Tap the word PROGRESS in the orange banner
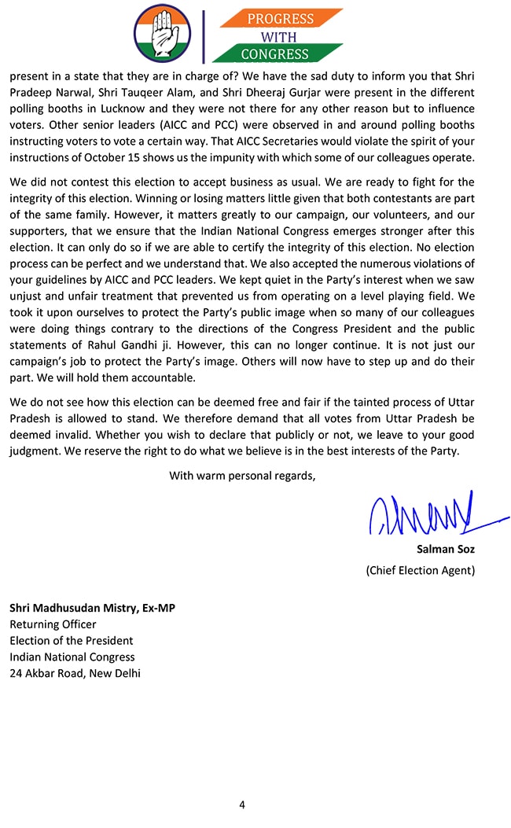point(281,19)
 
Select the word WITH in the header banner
point(274,36)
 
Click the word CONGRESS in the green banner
point(274,54)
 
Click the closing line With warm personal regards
point(242,475)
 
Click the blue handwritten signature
point(425,514)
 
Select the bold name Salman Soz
point(445,550)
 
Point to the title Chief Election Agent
point(420,570)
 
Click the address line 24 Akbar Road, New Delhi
point(75,673)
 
